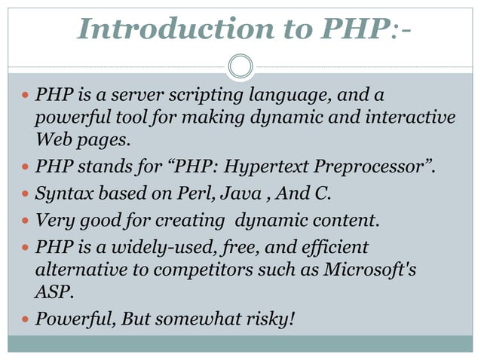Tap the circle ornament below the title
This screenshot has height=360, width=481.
tap(240, 66)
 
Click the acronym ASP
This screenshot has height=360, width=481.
tap(51, 291)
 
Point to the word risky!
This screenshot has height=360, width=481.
tap(270, 319)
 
